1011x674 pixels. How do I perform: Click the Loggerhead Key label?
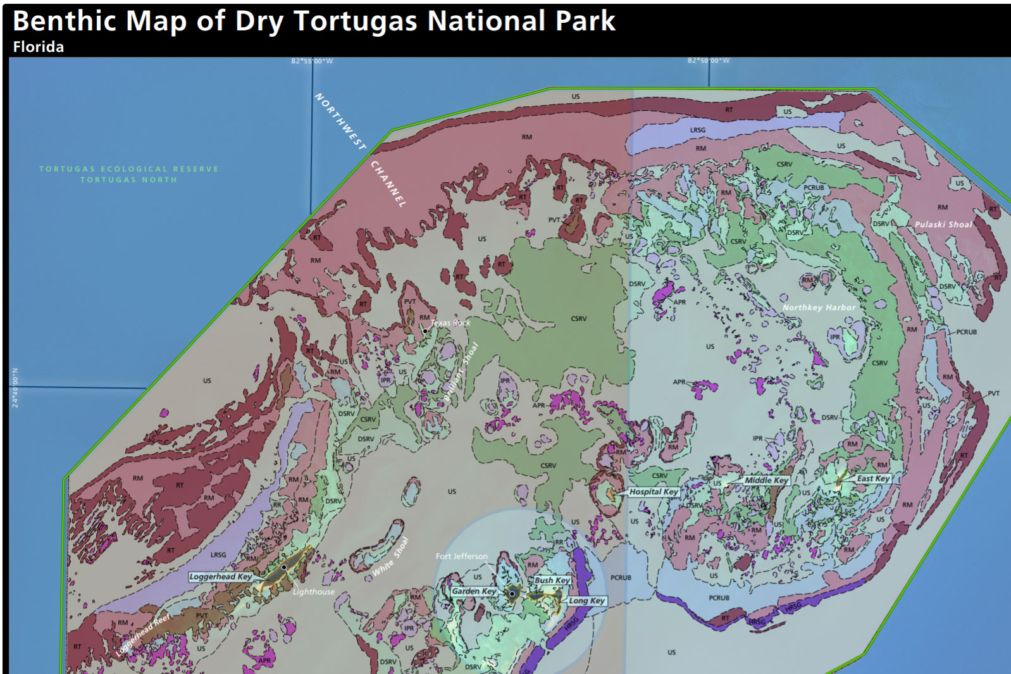(x=220, y=577)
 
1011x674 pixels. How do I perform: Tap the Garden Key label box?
(x=474, y=591)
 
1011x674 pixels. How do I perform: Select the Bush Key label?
(x=552, y=580)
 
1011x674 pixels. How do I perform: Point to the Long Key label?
(x=586, y=601)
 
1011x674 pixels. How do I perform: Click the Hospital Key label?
(x=654, y=492)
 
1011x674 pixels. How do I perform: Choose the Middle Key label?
(x=766, y=480)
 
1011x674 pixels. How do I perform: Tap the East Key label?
(x=873, y=478)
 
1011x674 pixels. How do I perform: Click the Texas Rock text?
(x=450, y=323)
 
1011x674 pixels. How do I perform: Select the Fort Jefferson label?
(x=461, y=556)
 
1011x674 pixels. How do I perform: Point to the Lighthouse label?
(x=314, y=592)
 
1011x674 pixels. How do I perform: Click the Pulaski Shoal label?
(x=943, y=225)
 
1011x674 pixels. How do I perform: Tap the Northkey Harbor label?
(x=819, y=308)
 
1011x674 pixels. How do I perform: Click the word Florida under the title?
(x=38, y=47)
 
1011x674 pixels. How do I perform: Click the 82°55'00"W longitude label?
(x=312, y=61)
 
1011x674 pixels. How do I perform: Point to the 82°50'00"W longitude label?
(x=709, y=61)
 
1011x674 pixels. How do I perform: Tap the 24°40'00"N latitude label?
(x=15, y=387)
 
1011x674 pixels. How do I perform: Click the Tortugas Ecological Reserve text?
(x=128, y=169)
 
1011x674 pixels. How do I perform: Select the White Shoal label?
(x=390, y=558)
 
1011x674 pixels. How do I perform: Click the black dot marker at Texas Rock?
(x=425, y=330)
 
